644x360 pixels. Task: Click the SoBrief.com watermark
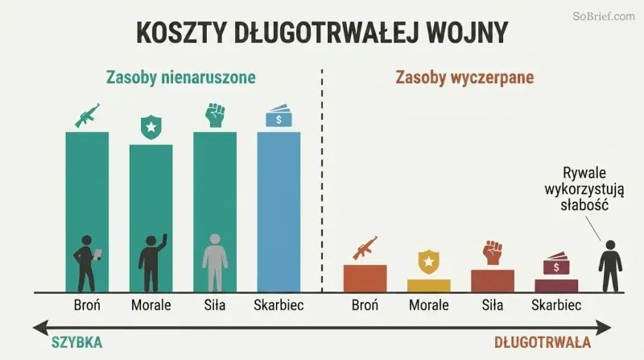[x=604, y=16]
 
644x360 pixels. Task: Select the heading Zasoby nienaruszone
[x=180, y=77]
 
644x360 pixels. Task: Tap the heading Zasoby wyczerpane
[x=464, y=77]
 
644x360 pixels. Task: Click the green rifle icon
[x=87, y=115]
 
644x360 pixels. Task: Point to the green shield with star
[x=151, y=127]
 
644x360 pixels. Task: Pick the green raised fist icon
[x=215, y=114]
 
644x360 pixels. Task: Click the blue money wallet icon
[x=279, y=116]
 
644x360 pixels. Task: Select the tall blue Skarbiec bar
[x=279, y=212]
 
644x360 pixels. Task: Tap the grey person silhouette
[x=215, y=263]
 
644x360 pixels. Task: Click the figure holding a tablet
[x=87, y=263]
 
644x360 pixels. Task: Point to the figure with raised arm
[x=152, y=263]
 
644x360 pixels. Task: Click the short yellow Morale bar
[x=429, y=286]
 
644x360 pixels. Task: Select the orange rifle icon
[x=365, y=248]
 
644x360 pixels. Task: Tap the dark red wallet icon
[x=556, y=263]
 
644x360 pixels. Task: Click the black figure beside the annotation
[x=610, y=266]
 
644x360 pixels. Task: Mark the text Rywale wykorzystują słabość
[x=584, y=188]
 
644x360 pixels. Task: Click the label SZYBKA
[x=76, y=342]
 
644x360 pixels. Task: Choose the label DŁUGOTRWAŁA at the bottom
[x=542, y=342]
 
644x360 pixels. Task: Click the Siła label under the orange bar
[x=493, y=305]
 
